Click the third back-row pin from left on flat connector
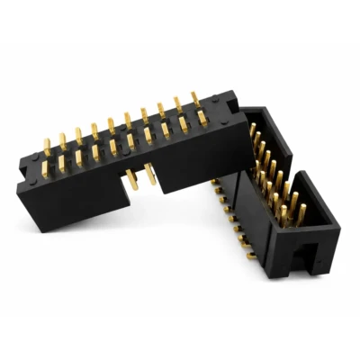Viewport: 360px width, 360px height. tap(78, 135)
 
